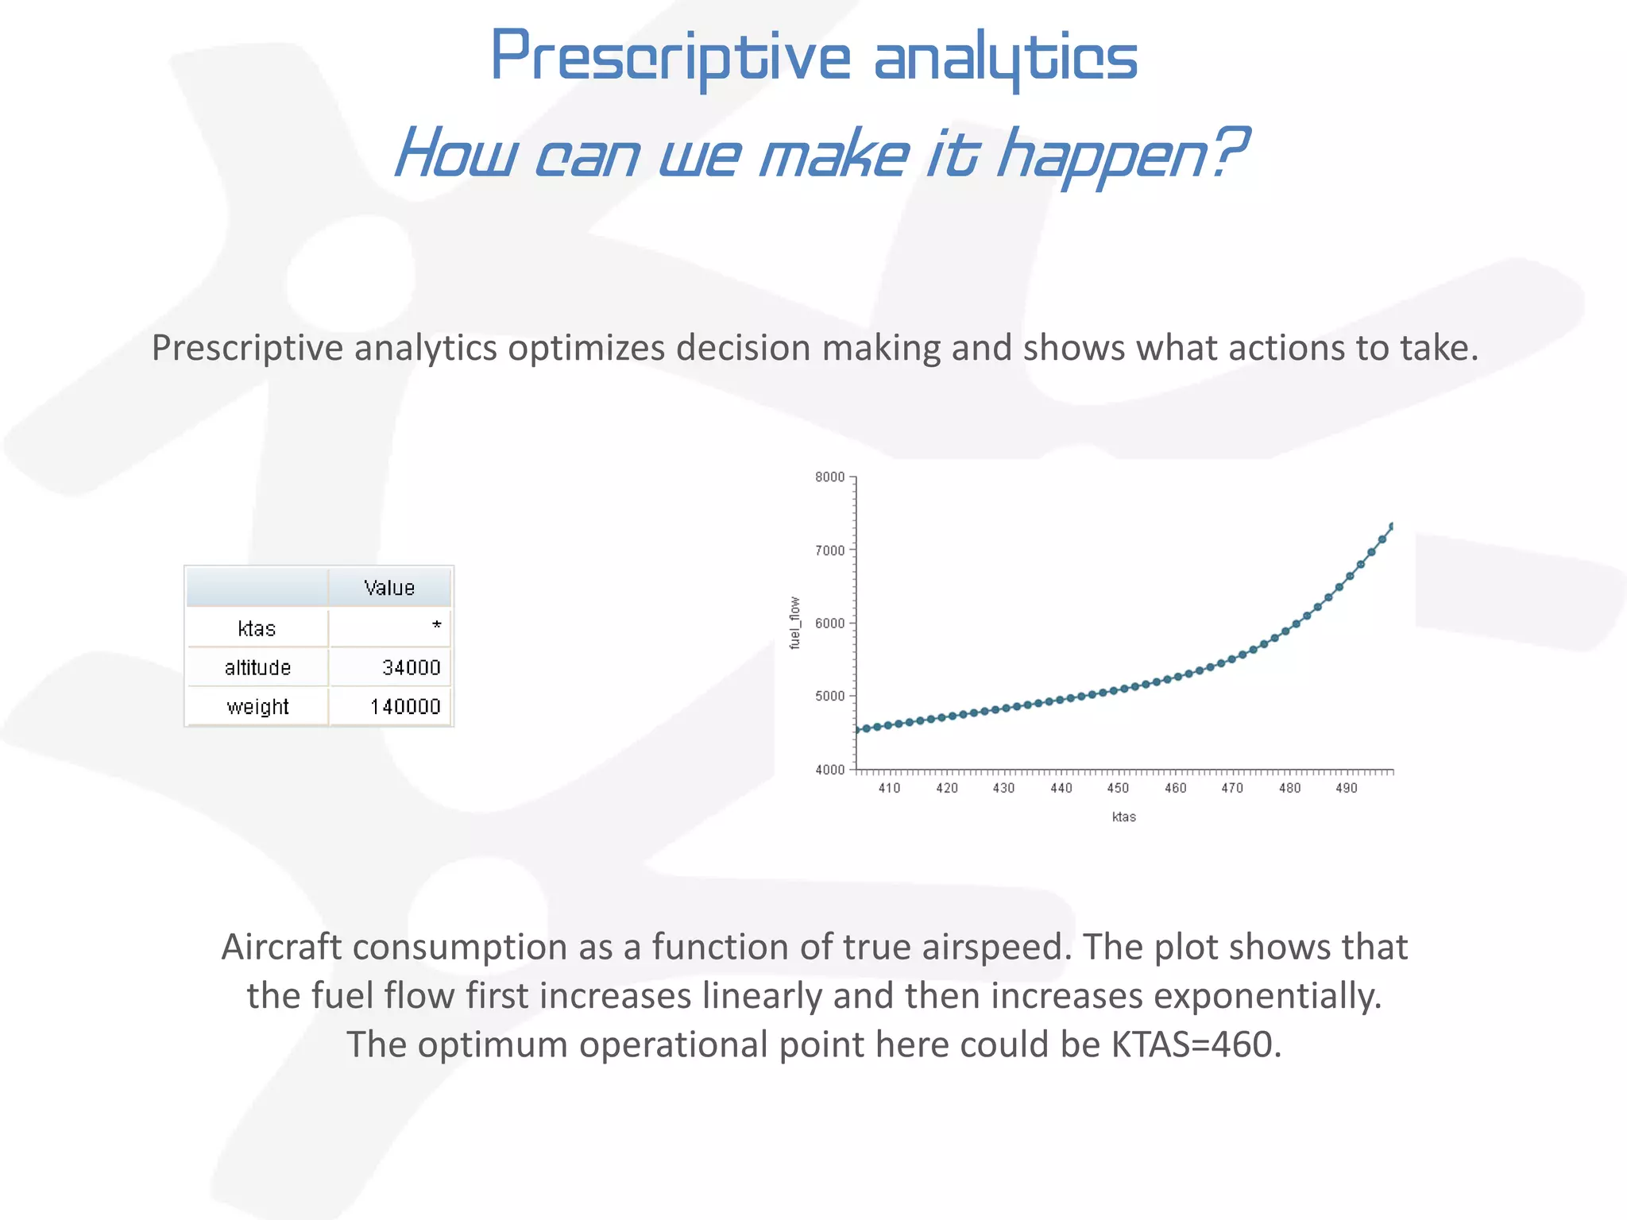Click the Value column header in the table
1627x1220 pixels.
[x=389, y=588]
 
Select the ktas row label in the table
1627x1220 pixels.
[x=257, y=628]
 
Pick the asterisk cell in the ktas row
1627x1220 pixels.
[x=436, y=626]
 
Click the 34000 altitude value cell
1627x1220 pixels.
[x=411, y=667]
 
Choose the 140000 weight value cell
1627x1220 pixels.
[x=405, y=706]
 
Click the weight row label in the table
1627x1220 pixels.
[x=257, y=706]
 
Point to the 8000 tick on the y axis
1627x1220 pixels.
[x=830, y=477]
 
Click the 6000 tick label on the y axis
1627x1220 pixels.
[x=830, y=623]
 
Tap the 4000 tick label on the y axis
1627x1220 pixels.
[x=830, y=769]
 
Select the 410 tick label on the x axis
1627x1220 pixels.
[x=889, y=788]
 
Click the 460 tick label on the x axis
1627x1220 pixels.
[x=1175, y=788]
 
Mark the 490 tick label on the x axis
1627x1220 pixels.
[x=1347, y=788]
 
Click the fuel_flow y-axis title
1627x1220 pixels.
[x=794, y=623]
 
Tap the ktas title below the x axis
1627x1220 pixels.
[x=1123, y=817]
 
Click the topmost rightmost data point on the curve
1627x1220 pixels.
[x=1391, y=527]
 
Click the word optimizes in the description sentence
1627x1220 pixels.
[x=586, y=348]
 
